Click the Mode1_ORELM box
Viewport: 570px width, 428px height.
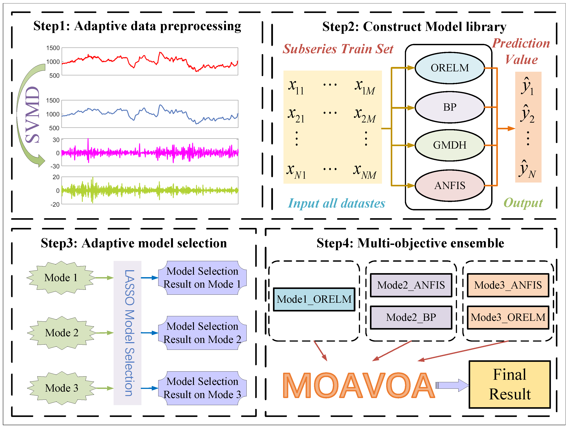(314, 299)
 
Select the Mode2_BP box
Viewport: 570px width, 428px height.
(411, 317)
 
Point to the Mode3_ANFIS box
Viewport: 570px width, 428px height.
(508, 285)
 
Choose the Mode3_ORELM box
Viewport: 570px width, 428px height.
(508, 317)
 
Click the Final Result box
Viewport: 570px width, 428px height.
(509, 384)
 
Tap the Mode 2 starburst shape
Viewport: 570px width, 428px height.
(61, 333)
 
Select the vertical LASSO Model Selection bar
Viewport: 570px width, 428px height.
(128, 333)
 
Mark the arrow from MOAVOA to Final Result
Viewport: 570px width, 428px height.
(452, 385)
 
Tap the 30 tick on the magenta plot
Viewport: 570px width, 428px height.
(56, 140)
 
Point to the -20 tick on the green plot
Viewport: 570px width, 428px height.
(55, 204)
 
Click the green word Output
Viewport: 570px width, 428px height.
(523, 203)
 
